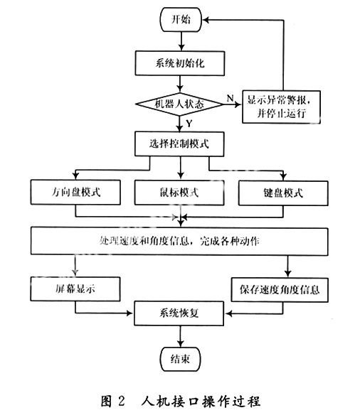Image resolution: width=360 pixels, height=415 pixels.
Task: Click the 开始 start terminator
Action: coord(181,20)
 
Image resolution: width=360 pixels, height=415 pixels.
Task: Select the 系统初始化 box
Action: coord(180,63)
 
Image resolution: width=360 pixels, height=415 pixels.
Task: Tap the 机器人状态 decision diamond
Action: coord(179,104)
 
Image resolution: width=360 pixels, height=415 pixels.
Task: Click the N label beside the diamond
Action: coord(231,98)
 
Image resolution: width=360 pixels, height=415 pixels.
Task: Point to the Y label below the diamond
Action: coord(189,124)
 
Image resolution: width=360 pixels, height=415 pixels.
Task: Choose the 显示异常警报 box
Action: coord(281,107)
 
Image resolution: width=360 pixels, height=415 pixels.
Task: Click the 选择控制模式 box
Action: coord(179,144)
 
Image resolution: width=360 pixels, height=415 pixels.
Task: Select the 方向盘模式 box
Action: coord(75,192)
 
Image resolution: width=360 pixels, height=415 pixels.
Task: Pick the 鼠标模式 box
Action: coord(179,193)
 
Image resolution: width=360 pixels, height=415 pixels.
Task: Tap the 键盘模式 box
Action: coord(283,193)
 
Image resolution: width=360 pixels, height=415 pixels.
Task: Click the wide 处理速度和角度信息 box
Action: coord(179,241)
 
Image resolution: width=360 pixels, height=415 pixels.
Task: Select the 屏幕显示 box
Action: coord(75,289)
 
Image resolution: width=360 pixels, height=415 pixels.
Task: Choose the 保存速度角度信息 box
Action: coord(280,289)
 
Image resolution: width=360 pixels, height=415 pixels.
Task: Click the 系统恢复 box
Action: coord(179,313)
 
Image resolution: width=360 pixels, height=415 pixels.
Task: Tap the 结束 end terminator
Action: coord(180,359)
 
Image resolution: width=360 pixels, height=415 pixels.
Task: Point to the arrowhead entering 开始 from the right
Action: coord(206,20)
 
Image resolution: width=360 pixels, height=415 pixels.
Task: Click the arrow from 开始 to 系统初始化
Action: coord(181,41)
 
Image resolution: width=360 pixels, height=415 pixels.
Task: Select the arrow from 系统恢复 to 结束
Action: coord(181,336)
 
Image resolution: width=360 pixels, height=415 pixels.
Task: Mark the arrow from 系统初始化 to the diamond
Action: coord(180,84)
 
